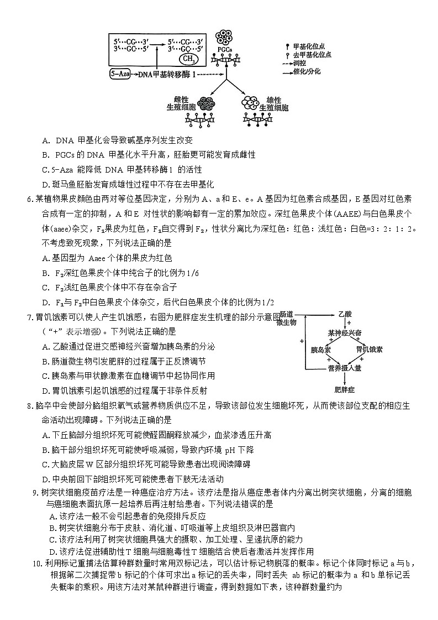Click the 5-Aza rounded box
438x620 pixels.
tap(121, 73)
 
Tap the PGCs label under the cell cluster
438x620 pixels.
tap(224, 49)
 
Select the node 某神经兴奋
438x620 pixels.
tap(344, 333)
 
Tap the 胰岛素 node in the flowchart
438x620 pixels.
tap(321, 350)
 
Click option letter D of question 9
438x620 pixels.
tap(54, 551)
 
